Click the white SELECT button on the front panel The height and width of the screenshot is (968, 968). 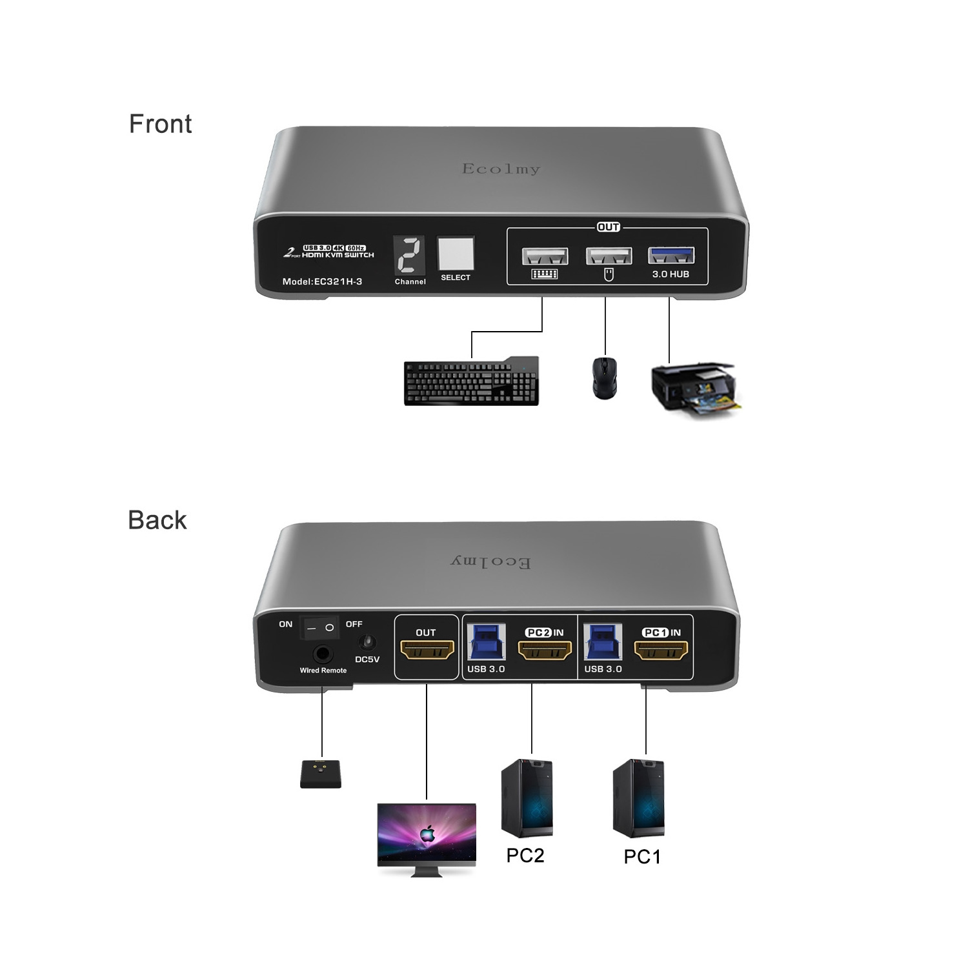pyautogui.click(x=456, y=254)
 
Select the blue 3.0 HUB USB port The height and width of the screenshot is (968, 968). pyautogui.click(x=671, y=256)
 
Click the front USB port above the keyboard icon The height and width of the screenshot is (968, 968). pyautogui.click(x=545, y=256)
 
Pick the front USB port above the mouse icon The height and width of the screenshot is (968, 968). pyautogui.click(x=608, y=256)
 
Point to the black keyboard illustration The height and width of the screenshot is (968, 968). pyautogui.click(x=472, y=381)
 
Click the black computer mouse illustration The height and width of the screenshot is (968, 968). pyautogui.click(x=604, y=378)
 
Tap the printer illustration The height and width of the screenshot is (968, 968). pyautogui.click(x=694, y=389)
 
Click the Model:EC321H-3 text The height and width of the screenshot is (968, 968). pyautogui.click(x=322, y=281)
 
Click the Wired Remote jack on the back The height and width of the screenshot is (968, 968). pyautogui.click(x=323, y=654)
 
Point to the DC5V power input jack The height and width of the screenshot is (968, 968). pyautogui.click(x=367, y=643)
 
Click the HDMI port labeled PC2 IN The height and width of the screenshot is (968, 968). pyautogui.click(x=545, y=650)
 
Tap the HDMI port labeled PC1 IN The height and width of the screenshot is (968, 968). pyautogui.click(x=661, y=650)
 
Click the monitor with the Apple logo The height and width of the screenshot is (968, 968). pyautogui.click(x=427, y=838)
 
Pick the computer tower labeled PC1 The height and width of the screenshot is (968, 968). pyautogui.click(x=638, y=798)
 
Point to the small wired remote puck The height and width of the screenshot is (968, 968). pyautogui.click(x=321, y=774)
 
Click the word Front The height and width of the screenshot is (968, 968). pyautogui.click(x=160, y=124)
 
